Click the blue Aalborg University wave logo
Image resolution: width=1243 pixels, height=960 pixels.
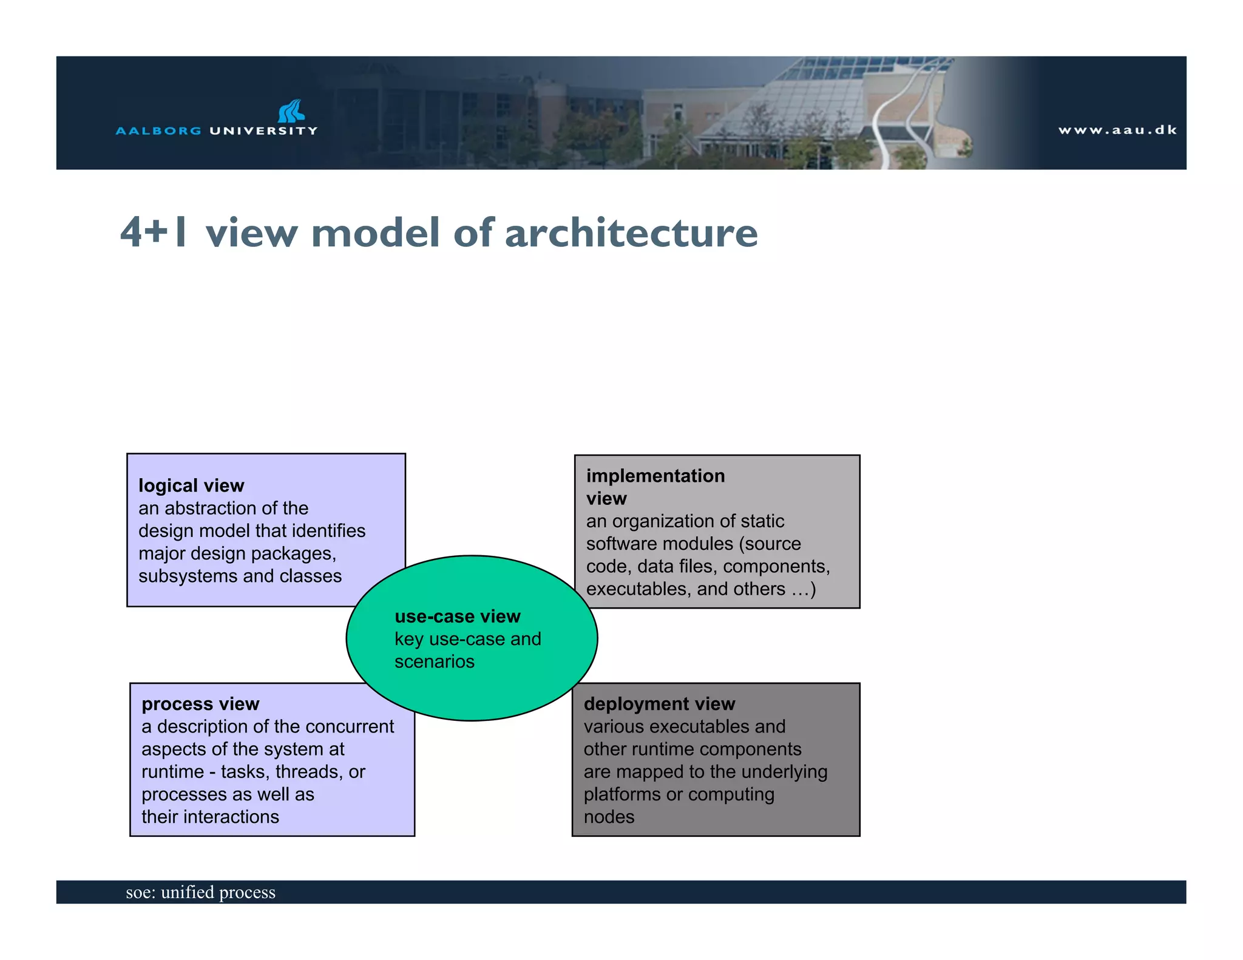[x=291, y=112]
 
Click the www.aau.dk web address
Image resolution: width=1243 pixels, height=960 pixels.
[x=1117, y=130]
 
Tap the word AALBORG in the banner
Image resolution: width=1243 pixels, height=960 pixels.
[x=158, y=130]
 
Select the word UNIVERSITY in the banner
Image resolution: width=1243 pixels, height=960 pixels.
[x=263, y=130]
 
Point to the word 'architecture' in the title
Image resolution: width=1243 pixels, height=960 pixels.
[x=631, y=232]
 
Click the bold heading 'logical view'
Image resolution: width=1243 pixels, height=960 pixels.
[x=191, y=485]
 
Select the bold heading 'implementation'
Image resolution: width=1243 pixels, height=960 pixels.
[x=655, y=476]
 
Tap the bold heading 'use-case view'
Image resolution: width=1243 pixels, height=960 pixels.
[x=458, y=617]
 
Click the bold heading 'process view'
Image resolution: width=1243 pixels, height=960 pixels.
[x=200, y=704]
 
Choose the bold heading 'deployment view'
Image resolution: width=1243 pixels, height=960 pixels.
[x=659, y=704]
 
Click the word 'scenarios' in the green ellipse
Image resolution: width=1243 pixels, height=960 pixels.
[x=435, y=661]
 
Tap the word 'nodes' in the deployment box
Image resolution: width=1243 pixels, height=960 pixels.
[x=609, y=817]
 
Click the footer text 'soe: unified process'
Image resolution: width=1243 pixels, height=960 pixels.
[x=200, y=892]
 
